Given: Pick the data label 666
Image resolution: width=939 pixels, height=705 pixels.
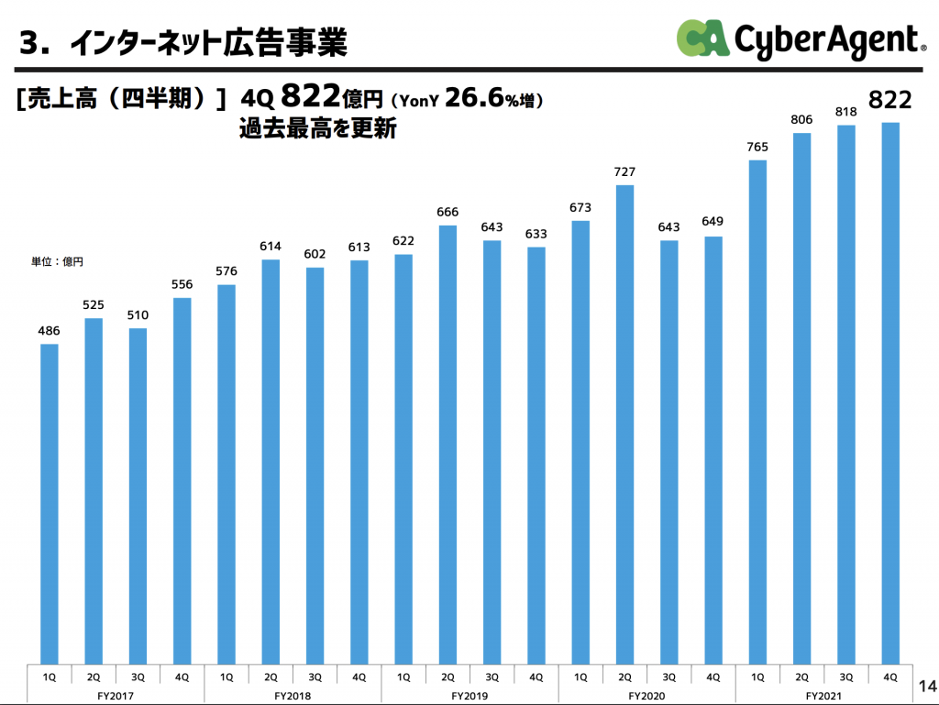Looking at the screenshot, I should coord(447,212).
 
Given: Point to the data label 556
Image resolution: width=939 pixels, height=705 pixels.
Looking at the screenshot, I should coord(182,285).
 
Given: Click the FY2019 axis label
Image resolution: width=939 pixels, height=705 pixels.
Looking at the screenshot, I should coord(469,696).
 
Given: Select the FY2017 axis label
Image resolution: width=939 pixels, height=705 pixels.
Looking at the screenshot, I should coord(116,696).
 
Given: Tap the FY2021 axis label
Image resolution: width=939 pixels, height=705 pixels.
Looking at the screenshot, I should coord(823,696).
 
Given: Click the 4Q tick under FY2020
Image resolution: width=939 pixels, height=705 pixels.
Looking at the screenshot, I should coord(713,677).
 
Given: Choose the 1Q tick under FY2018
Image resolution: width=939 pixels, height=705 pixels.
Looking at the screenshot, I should coord(226,677).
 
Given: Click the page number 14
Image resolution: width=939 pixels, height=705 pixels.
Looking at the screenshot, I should coord(925,686).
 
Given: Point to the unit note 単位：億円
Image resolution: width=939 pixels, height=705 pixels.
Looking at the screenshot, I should coord(57,261).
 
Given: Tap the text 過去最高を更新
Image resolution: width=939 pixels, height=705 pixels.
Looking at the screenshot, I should coord(317,129).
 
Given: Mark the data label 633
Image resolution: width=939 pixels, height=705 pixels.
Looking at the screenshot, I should coord(536,234).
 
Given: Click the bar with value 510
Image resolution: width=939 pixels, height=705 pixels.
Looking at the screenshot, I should coord(138,495).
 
